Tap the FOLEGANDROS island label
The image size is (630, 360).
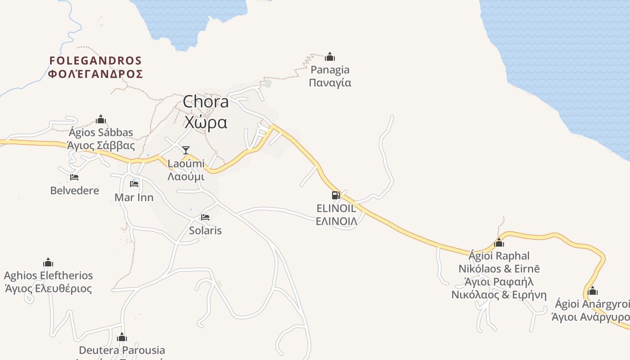[x=95, y=61]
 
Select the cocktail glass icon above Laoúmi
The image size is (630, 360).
[x=186, y=150]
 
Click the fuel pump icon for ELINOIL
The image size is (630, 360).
[x=336, y=195]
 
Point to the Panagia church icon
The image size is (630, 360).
[x=330, y=57]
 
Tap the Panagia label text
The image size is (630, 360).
[x=330, y=70]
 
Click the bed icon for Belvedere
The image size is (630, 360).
[x=74, y=177]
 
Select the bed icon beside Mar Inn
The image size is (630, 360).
[x=134, y=184]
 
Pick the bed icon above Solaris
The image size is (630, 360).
[x=205, y=217]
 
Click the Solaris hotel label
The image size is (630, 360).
[x=205, y=230]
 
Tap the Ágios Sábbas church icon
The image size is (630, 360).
[x=101, y=119]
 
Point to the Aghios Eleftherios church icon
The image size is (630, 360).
[x=48, y=262]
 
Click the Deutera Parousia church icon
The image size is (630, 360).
[x=122, y=337]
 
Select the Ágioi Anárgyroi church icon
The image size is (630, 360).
[x=593, y=291]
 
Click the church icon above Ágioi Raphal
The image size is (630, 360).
[x=499, y=243]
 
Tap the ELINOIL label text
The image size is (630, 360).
[x=336, y=208]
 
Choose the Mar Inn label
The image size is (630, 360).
[x=134, y=198]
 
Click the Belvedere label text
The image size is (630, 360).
[x=75, y=190]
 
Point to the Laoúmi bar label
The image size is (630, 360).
[x=186, y=163]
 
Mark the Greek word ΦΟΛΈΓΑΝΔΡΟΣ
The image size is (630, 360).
[x=95, y=74]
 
